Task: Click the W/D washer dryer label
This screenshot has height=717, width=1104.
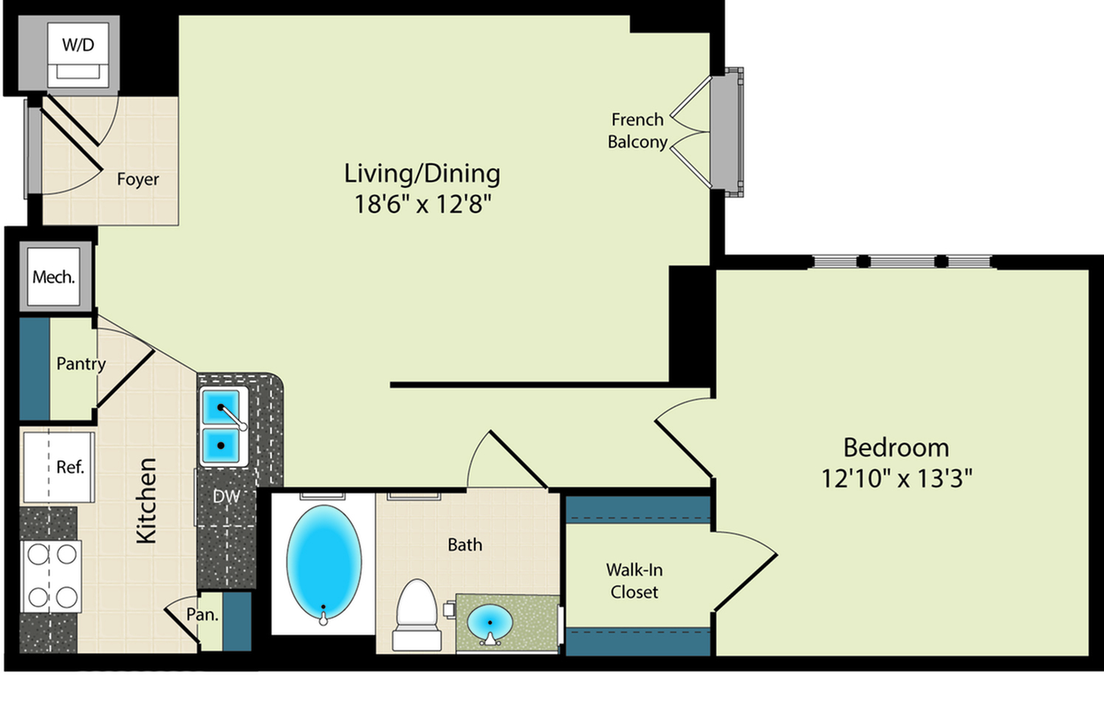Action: [x=78, y=45]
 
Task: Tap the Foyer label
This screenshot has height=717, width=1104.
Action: [x=138, y=179]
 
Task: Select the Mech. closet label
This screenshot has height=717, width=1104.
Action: [x=54, y=277]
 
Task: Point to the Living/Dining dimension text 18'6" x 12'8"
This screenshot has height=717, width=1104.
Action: [x=423, y=204]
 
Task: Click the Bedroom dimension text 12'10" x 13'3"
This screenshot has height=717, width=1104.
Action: [x=896, y=478]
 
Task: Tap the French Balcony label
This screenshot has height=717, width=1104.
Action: [x=638, y=131]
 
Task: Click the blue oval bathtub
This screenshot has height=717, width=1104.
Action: [x=323, y=561]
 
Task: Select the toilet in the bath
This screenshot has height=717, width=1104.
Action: [x=417, y=615]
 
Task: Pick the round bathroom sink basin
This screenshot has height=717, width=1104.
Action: [x=490, y=621]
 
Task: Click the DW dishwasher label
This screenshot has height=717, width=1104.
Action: [x=226, y=497]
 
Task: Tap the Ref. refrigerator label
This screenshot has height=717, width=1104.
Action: [x=70, y=467]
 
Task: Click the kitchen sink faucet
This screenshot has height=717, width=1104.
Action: [x=232, y=417]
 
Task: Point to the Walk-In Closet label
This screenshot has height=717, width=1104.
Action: [x=634, y=581]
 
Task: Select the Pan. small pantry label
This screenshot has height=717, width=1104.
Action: [x=202, y=614]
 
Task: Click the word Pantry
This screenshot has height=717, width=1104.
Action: [x=80, y=364]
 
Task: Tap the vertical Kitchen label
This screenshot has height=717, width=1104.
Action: [x=146, y=500]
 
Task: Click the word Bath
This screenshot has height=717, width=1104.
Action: [x=464, y=545]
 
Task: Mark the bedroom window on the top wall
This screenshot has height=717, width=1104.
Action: [x=902, y=262]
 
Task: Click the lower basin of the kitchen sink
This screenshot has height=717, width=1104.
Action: [x=221, y=445]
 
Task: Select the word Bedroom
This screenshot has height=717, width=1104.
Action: [x=896, y=447]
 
